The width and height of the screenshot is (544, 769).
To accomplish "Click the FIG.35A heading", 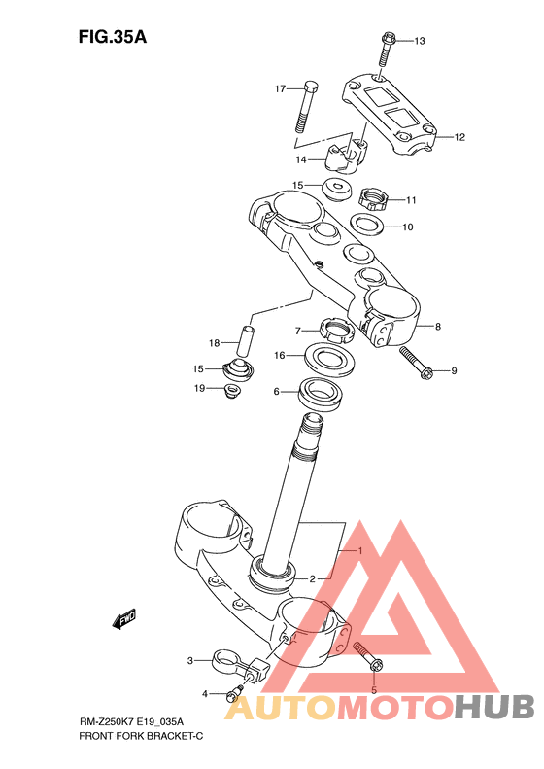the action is coord(113,37).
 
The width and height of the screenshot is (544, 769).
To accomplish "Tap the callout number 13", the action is coord(420,41).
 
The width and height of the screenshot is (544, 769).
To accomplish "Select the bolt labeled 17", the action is coord(306,106).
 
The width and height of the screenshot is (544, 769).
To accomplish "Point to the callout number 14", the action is coord(301,159).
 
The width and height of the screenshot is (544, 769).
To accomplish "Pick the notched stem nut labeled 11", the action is coord(374,198).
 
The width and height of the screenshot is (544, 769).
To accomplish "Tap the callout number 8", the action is coord(438,326).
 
